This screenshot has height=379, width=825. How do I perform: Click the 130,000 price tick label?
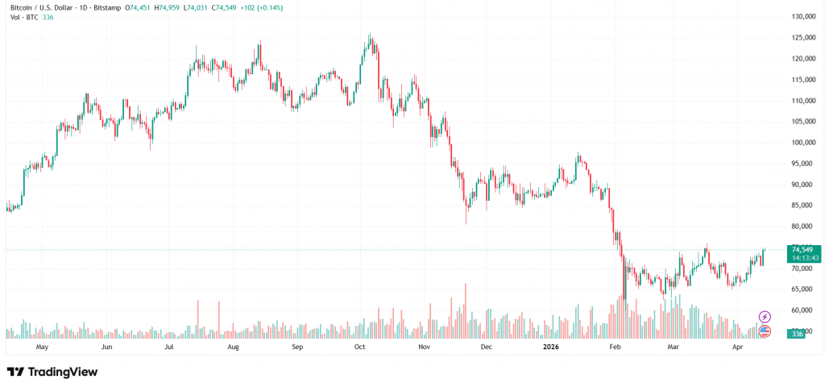[800, 16]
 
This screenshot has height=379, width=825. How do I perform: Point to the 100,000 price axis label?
[800, 143]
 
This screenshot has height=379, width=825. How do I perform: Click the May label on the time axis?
[43, 347]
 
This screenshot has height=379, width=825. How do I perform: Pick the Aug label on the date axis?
[233, 347]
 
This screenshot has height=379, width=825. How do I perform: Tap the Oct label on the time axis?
[359, 347]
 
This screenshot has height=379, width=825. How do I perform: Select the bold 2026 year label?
[551, 347]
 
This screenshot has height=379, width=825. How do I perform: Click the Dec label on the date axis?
[486, 347]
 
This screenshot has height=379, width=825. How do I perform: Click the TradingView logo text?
[63, 371]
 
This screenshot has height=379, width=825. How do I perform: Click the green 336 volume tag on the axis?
[797, 334]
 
